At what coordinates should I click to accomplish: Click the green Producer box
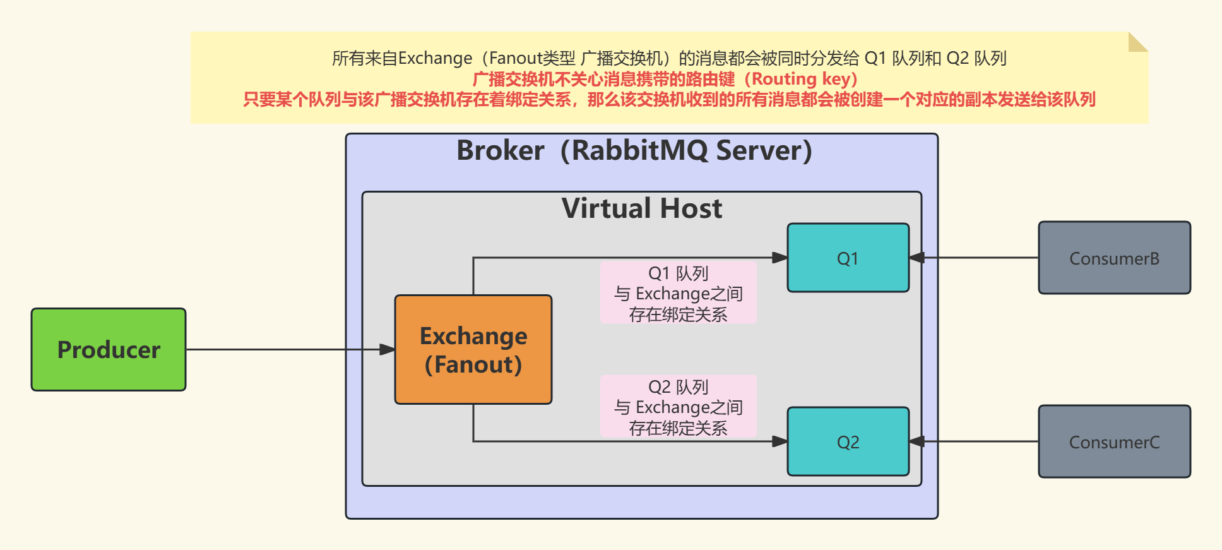click(x=109, y=349)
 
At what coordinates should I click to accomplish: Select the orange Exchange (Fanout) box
click(x=473, y=349)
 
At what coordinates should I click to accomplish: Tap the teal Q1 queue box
click(x=848, y=258)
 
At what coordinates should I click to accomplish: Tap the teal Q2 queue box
click(x=848, y=441)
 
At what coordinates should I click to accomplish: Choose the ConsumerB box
click(x=1114, y=258)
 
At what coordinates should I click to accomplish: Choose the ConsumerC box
click(x=1114, y=441)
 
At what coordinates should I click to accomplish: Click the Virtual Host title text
click(x=641, y=208)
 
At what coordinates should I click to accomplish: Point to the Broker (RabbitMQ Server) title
click(x=634, y=150)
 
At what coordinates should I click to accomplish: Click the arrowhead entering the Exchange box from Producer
click(x=388, y=349)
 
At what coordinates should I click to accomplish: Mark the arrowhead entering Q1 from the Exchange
click(x=780, y=258)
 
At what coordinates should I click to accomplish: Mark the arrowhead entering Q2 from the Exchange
click(x=780, y=441)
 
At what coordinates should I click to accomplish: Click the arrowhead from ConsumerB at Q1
click(x=917, y=258)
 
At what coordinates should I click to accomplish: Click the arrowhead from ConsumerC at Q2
click(x=917, y=441)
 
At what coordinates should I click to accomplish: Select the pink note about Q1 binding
click(x=678, y=293)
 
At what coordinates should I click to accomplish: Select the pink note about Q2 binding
click(x=678, y=407)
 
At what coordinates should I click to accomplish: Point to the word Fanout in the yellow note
click(x=515, y=59)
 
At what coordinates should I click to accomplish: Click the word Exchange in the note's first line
click(x=435, y=59)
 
